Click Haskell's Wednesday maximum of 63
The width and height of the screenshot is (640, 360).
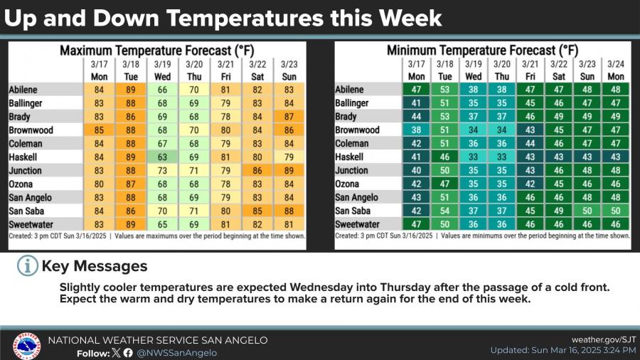[x=162, y=157]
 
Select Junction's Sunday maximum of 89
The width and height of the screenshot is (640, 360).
[x=289, y=171]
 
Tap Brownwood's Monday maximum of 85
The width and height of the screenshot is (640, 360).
[x=100, y=130]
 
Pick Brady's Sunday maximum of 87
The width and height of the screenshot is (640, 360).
[x=289, y=117]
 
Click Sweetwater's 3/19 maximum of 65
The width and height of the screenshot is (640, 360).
[x=162, y=224]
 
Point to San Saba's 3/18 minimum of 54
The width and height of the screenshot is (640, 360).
[x=444, y=211]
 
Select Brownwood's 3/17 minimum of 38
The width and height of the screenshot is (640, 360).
[x=417, y=130]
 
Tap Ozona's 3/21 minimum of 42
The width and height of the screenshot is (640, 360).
[x=530, y=184]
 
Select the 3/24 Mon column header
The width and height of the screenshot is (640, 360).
[x=616, y=70]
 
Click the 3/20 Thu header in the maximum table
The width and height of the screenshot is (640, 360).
[x=194, y=70]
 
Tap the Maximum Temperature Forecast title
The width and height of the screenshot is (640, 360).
[x=156, y=51]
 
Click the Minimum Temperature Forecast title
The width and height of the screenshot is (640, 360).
[x=482, y=51]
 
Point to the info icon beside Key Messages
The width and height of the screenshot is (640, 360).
[x=27, y=266]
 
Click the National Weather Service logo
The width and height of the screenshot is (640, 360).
[x=26, y=346]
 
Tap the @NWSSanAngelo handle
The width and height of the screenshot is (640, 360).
[x=177, y=352]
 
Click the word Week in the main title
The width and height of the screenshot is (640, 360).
[x=409, y=17]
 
